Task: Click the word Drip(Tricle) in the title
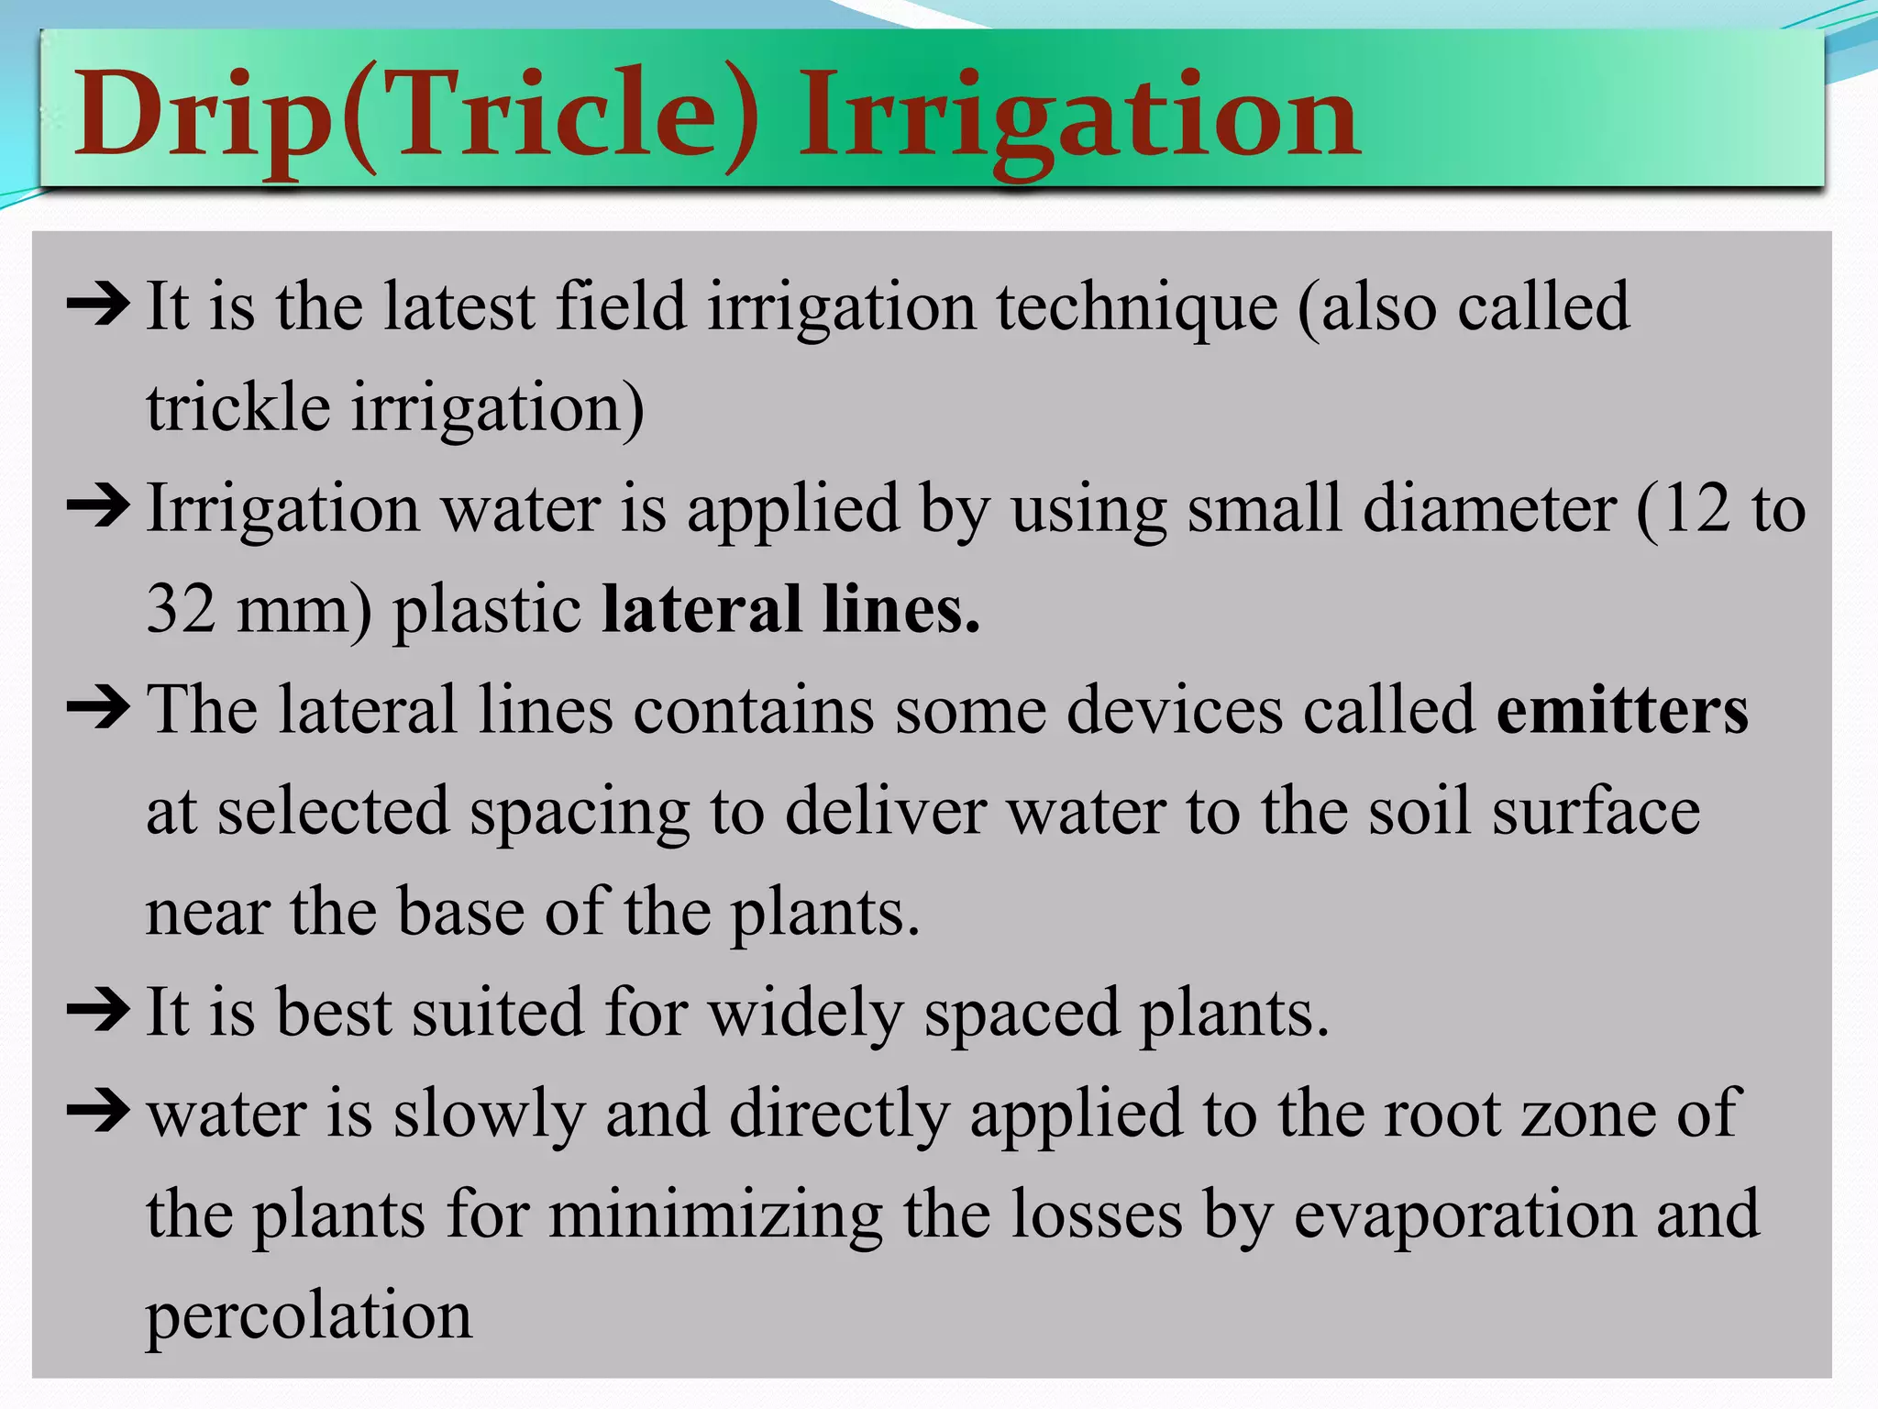pos(417,116)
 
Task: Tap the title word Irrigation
pos(1079,116)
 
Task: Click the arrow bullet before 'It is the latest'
pos(98,305)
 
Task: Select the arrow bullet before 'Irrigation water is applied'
pos(98,507)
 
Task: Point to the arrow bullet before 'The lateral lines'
pos(98,709)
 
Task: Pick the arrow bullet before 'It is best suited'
pos(98,1012)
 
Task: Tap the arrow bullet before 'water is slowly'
pos(98,1113)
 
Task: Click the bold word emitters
pos(1622,710)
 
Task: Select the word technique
pos(1137,308)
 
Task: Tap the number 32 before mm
pos(181,609)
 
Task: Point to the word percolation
pos(309,1315)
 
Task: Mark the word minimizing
pos(715,1216)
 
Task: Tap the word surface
pos(1596,811)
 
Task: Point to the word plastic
pos(487,611)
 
